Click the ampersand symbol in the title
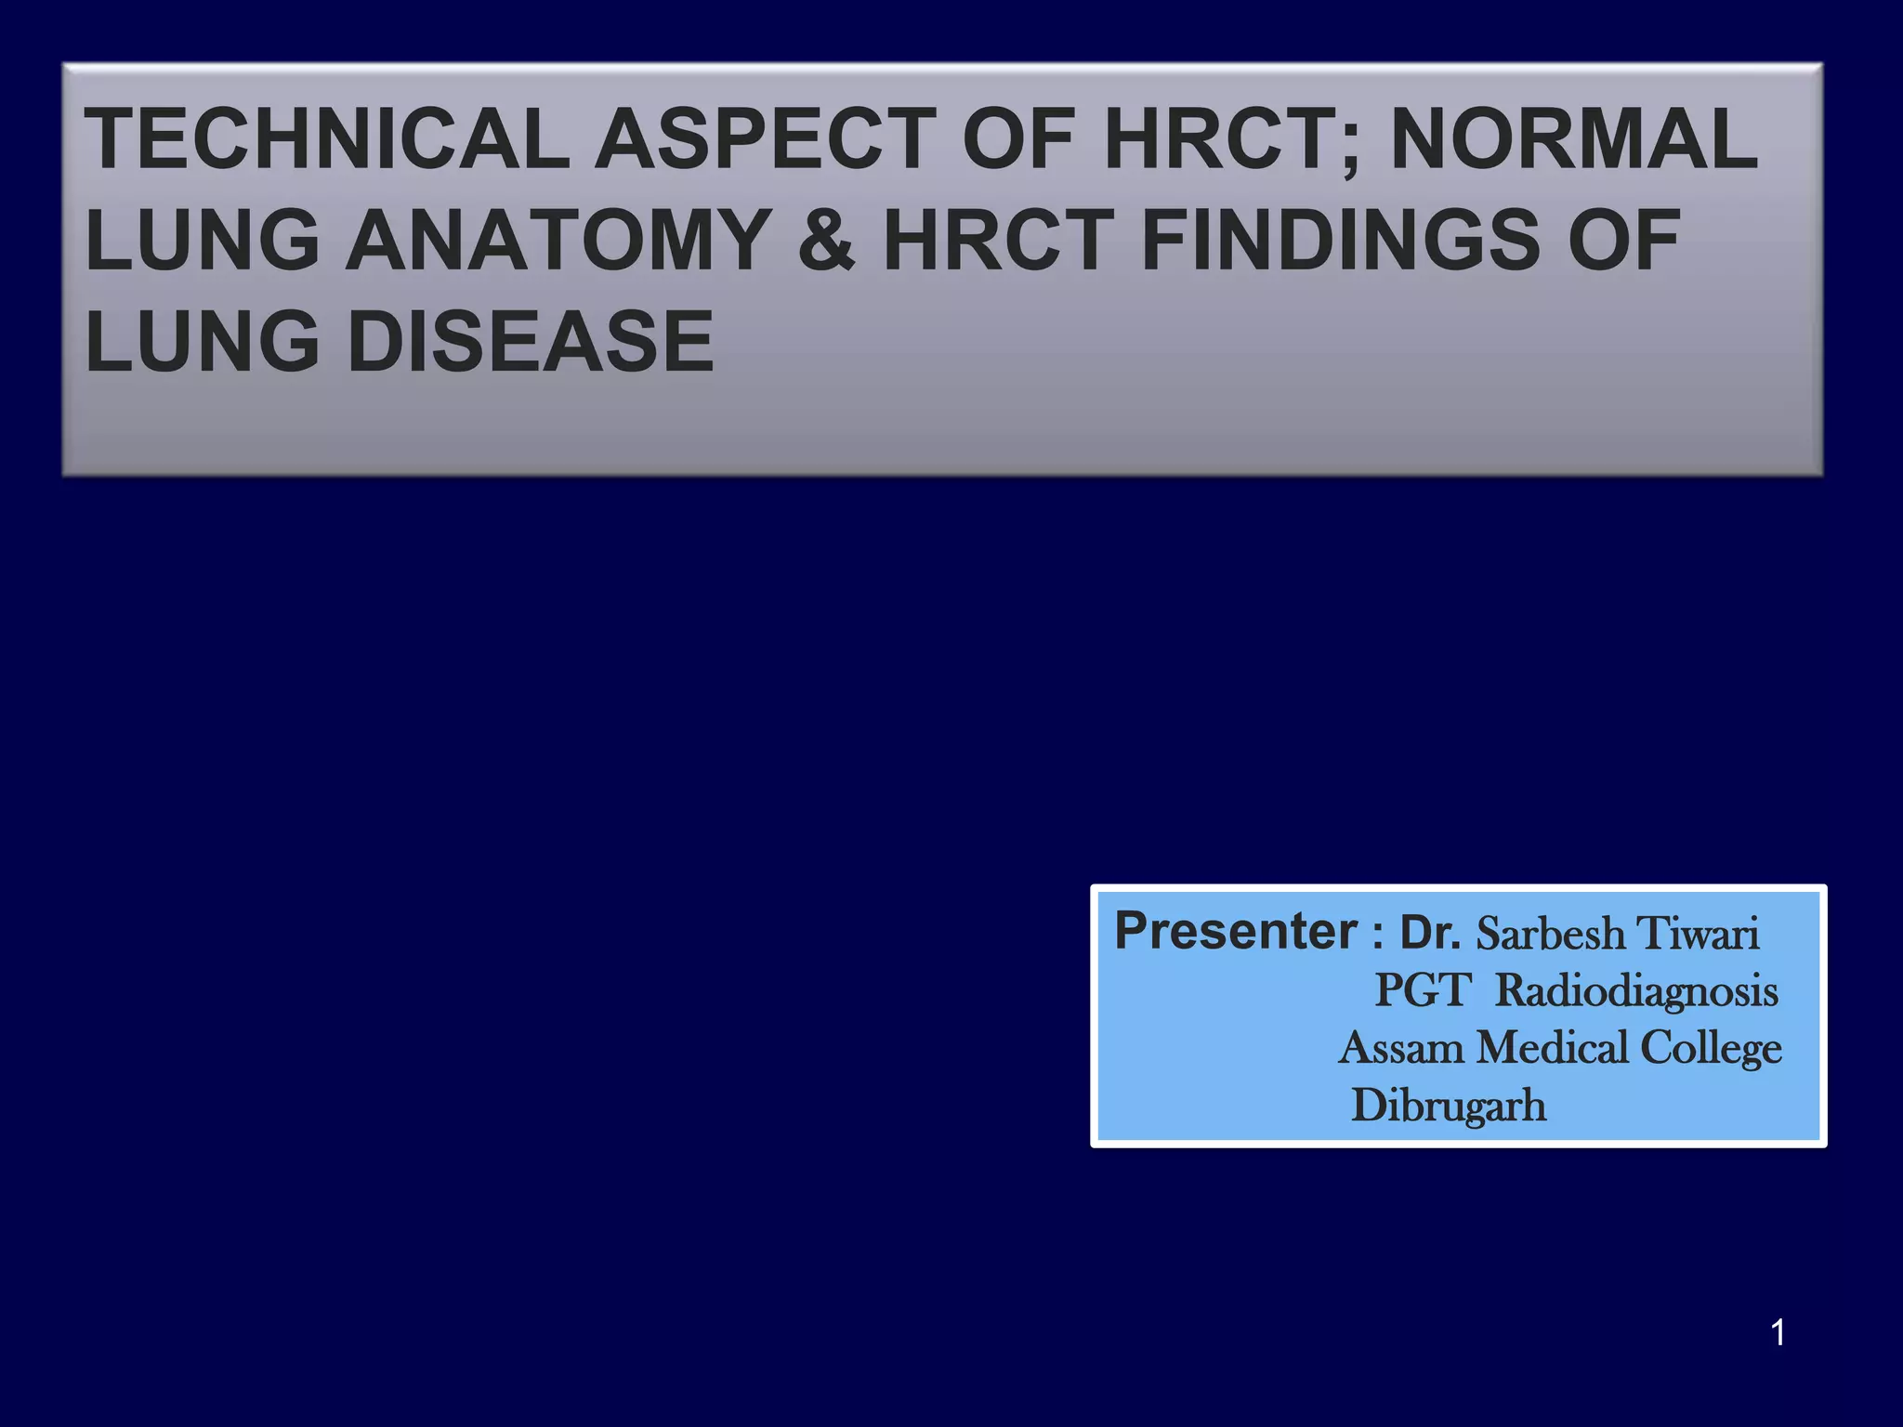[826, 241]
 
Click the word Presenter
[1236, 931]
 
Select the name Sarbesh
[1551, 934]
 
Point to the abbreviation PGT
[1423, 990]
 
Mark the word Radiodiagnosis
[1636, 992]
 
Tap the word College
[1710, 1050]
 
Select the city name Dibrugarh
[1449, 1106]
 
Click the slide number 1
[1778, 1333]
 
